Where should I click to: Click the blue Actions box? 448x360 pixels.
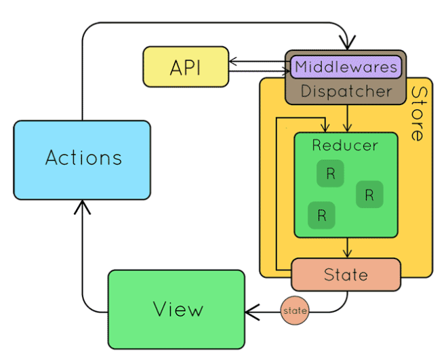coord(82,160)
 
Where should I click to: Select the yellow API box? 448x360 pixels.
coord(186,66)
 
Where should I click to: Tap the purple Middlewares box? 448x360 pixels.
coord(346,67)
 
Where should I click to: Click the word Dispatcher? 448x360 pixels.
coord(346,92)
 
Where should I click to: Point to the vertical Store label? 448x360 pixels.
coord(418,114)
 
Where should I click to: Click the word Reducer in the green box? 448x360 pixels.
coord(345,145)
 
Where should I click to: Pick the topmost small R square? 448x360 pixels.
coord(330,174)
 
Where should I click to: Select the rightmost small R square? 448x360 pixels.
coord(369,195)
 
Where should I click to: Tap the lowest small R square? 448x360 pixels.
coord(321,215)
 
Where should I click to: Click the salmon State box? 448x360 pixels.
coord(346,275)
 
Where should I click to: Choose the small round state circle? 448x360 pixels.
coord(295,311)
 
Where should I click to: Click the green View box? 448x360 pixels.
coord(176,309)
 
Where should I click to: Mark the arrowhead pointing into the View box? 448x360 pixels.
coord(251,312)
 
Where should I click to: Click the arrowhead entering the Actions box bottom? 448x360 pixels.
coord(82,206)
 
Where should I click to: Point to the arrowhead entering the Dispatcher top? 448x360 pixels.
coord(347,43)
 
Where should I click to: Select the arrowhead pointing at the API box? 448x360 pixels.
coord(232,61)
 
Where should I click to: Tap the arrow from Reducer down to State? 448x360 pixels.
coord(347,247)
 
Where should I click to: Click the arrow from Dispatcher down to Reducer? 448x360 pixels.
coord(347,118)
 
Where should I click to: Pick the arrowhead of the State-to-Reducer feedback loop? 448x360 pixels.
coord(325,128)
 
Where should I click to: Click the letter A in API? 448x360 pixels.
coord(176,68)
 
